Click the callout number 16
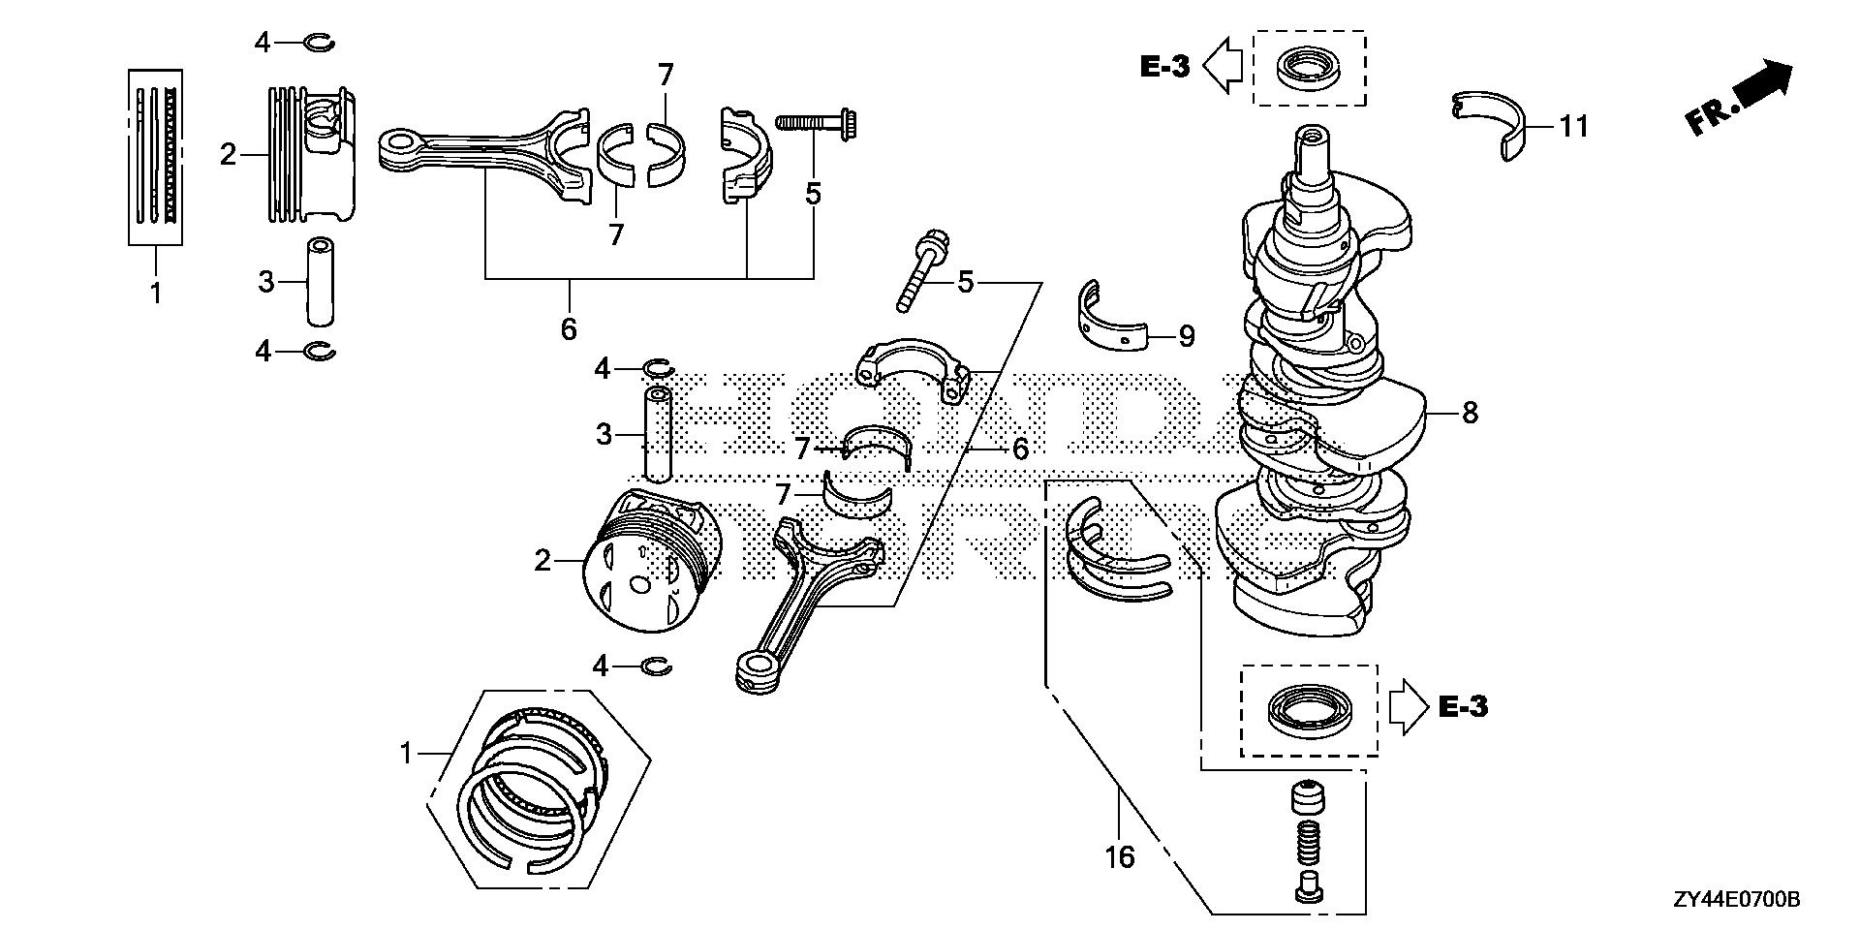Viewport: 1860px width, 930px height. point(1119,856)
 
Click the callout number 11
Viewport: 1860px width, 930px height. point(1574,126)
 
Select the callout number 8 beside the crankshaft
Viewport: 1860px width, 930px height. point(1470,414)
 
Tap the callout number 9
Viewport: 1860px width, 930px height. point(1186,336)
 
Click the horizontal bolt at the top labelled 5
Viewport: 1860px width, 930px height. point(820,123)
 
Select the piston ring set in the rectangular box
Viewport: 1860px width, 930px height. point(156,157)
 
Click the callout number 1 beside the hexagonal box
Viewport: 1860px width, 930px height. point(407,753)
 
